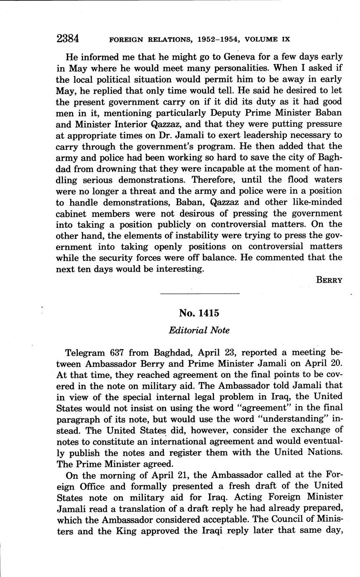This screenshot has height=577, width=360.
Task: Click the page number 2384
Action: [68, 39]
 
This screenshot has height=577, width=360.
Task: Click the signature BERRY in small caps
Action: [329, 280]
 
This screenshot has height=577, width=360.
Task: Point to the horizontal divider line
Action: [199, 293]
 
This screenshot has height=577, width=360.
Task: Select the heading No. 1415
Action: [199, 313]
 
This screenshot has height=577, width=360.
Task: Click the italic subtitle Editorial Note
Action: [199, 330]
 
